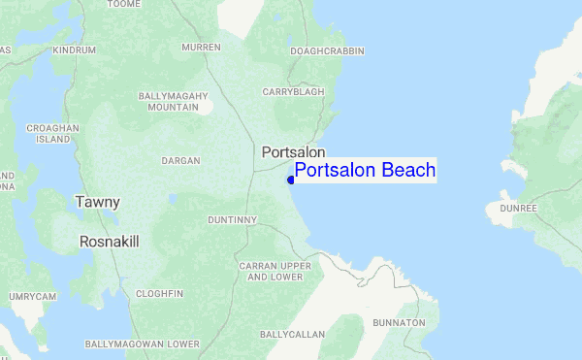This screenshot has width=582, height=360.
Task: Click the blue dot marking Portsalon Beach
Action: pyautogui.click(x=291, y=180)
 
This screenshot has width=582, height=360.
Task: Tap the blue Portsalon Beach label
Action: pyautogui.click(x=365, y=171)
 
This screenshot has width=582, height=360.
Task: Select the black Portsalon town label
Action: pyautogui.click(x=293, y=152)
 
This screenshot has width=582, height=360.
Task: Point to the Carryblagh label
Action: pyautogui.click(x=293, y=91)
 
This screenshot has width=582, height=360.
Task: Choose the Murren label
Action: pyautogui.click(x=201, y=47)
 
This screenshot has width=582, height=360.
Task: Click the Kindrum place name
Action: pyautogui.click(x=75, y=49)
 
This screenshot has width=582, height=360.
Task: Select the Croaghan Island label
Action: pyautogui.click(x=52, y=133)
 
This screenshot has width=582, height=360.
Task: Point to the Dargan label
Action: pyautogui.click(x=181, y=160)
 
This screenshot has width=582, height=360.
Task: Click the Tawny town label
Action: pyautogui.click(x=98, y=202)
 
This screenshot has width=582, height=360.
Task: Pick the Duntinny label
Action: pyautogui.click(x=232, y=220)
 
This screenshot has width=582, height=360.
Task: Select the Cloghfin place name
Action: pyautogui.click(x=160, y=293)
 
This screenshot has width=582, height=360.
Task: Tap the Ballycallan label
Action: pyautogui.click(x=292, y=334)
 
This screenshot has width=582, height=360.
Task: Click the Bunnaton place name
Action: pyautogui.click(x=399, y=322)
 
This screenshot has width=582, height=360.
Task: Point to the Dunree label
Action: pyautogui.click(x=519, y=208)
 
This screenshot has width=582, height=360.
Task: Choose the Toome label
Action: pyautogui.click(x=123, y=4)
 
